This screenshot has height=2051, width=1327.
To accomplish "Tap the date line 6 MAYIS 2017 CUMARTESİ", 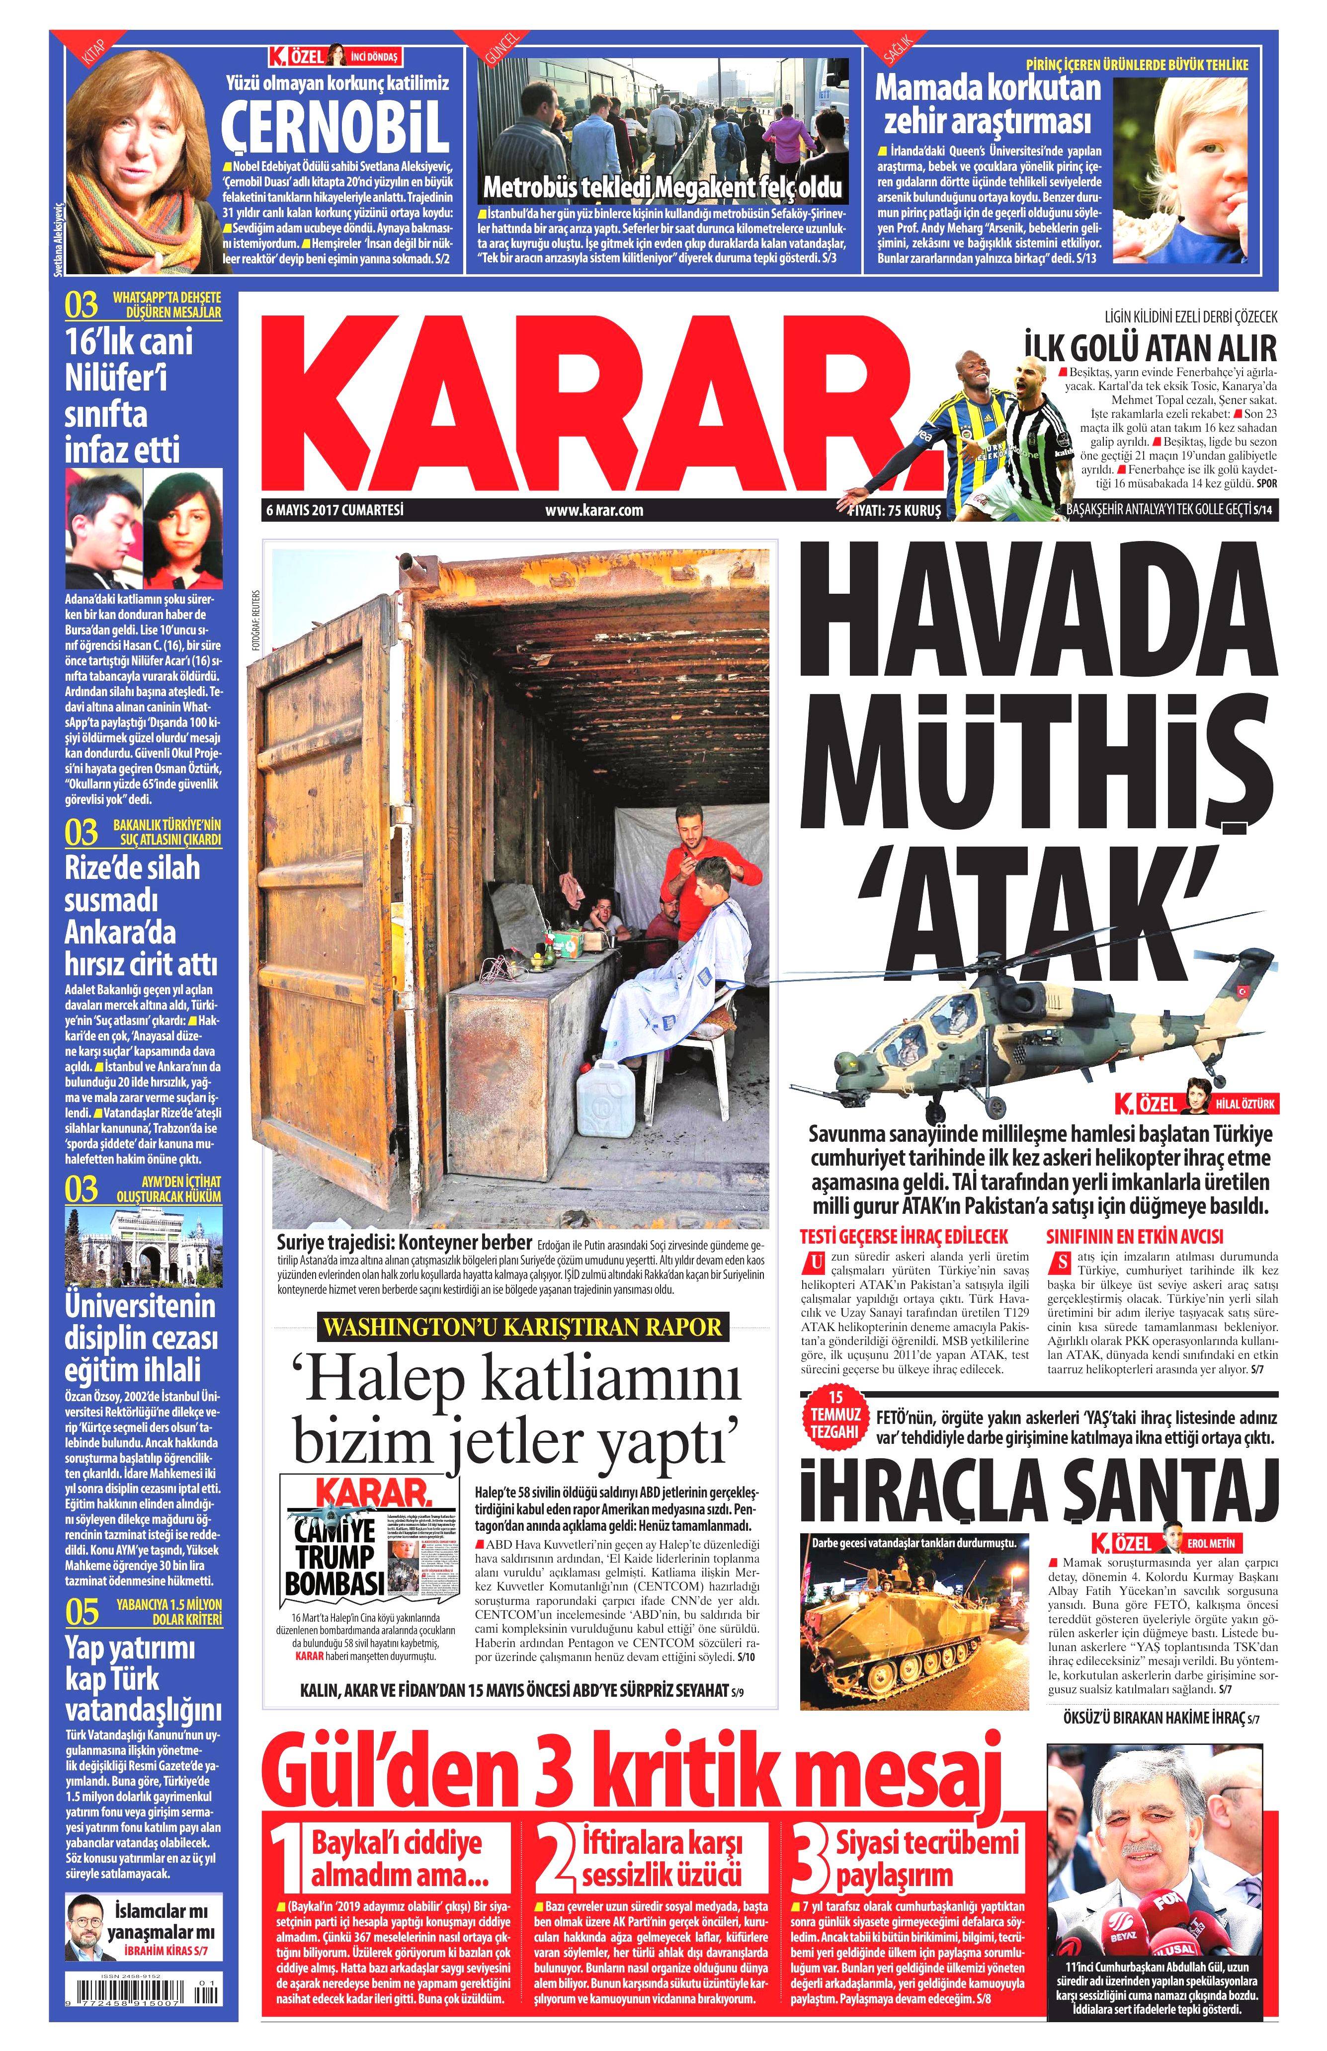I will point(334,509).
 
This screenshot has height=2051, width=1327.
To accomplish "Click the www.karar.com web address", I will point(594,510).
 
